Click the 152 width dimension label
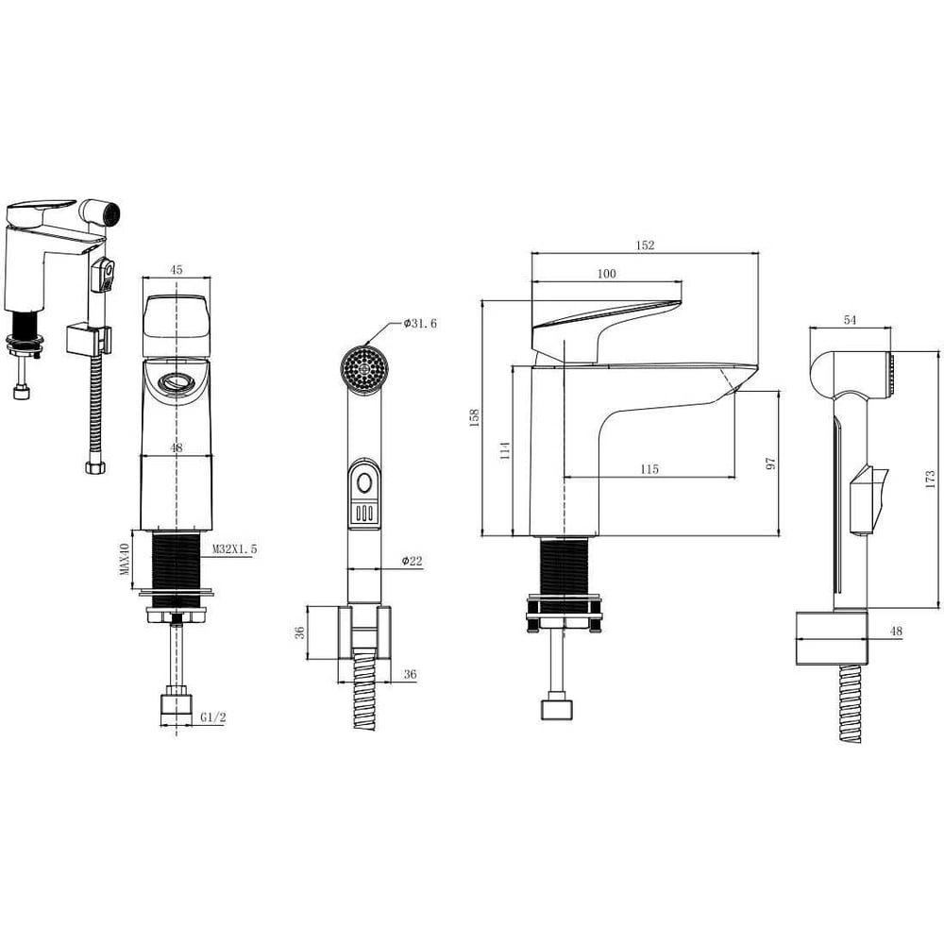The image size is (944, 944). click(645, 245)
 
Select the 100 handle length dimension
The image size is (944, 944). click(606, 274)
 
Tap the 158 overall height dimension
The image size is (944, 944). click(475, 417)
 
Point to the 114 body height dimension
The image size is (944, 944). click(505, 450)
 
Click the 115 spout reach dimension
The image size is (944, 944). click(649, 469)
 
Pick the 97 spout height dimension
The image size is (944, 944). click(770, 463)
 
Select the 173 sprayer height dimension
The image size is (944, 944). click(930, 480)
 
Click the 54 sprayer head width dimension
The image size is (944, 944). click(850, 320)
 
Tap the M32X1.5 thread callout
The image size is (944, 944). click(235, 549)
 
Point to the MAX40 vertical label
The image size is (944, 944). click(125, 558)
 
